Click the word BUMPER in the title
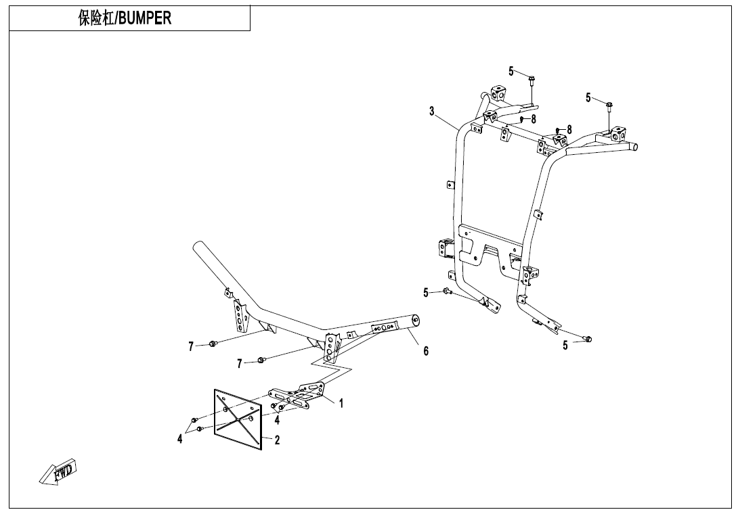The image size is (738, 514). [146, 19]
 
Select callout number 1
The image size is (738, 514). [341, 403]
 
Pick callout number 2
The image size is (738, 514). [278, 440]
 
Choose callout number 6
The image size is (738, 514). [426, 350]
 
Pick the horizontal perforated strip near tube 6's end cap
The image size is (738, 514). [384, 329]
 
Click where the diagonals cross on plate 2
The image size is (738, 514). [238, 418]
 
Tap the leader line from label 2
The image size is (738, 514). [267, 438]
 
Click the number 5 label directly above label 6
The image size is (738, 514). [427, 292]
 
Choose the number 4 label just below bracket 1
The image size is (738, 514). [278, 419]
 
